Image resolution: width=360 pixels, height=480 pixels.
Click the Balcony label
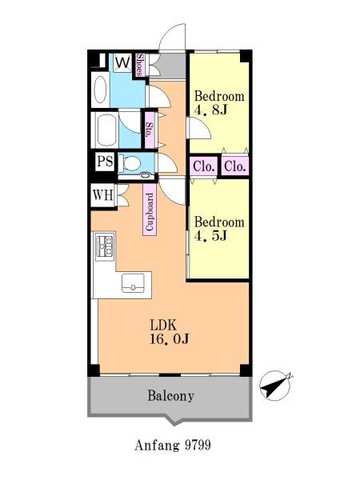(171, 396)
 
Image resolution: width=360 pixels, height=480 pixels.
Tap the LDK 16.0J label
(169, 332)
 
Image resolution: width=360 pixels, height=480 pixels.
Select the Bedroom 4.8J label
(219, 103)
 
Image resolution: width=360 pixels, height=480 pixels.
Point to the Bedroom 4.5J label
(219, 229)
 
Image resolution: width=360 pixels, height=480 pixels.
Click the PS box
(105, 161)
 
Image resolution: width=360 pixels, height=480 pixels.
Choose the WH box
(103, 195)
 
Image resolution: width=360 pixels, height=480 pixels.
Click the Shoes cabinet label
(140, 65)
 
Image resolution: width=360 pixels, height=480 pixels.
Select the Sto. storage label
(150, 130)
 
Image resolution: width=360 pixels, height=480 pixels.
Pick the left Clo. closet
(203, 166)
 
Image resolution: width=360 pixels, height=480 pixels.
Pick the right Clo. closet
(234, 166)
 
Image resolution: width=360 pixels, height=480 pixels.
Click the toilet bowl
(130, 163)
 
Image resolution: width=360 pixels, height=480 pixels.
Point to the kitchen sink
(133, 283)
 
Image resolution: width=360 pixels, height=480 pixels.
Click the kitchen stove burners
(105, 246)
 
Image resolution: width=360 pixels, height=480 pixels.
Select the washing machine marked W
(123, 63)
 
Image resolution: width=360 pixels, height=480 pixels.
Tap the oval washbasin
(101, 90)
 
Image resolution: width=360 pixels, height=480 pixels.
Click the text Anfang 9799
(173, 445)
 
